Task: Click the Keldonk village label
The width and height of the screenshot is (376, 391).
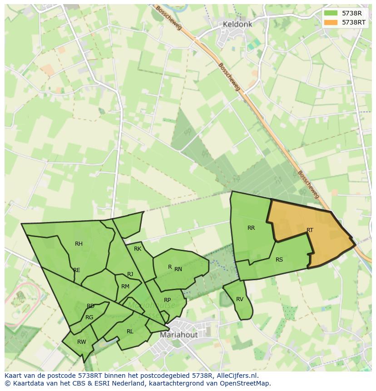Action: [x=237, y=25]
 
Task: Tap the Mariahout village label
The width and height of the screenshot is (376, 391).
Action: [x=178, y=335]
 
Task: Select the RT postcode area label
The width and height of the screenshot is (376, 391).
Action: [x=310, y=230]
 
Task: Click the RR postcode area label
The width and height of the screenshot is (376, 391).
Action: [x=251, y=228]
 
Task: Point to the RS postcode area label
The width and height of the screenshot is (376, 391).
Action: [x=279, y=260]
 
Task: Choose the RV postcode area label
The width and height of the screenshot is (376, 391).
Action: [x=240, y=299]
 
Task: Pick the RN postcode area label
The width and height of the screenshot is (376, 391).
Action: [x=178, y=269]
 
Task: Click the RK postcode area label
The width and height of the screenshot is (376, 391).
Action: [x=138, y=249]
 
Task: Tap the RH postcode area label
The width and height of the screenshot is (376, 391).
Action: [x=79, y=244]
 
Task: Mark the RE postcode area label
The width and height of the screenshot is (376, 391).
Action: [x=77, y=270]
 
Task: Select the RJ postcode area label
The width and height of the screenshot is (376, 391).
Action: [x=130, y=274]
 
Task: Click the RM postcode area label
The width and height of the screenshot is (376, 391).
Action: [x=125, y=286]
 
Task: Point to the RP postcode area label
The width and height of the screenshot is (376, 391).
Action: [x=168, y=300]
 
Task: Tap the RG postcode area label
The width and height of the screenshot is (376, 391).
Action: [x=89, y=317]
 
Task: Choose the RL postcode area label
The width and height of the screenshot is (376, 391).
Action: [x=130, y=332]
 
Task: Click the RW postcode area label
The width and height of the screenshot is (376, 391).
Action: [x=82, y=342]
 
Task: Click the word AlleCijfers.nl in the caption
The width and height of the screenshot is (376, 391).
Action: [x=237, y=376]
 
